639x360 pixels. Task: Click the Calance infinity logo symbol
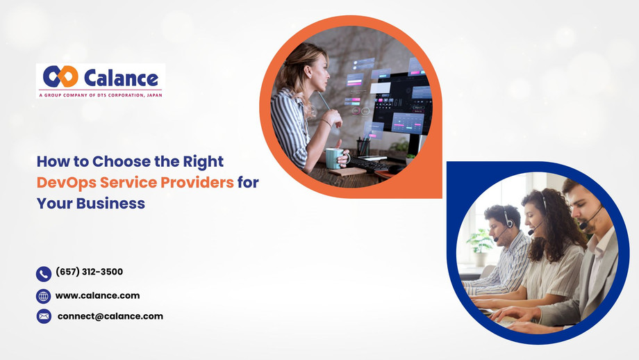pyautogui.click(x=60, y=76)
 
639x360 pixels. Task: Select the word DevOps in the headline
pyautogui.click(x=65, y=182)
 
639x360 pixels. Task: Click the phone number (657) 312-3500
pyautogui.click(x=89, y=272)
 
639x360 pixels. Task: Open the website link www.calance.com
pyautogui.click(x=97, y=295)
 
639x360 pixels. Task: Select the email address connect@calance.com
pyautogui.click(x=110, y=316)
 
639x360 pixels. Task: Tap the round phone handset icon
pyautogui.click(x=44, y=274)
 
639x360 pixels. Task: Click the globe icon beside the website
pyautogui.click(x=44, y=296)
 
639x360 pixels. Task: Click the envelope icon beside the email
pyautogui.click(x=44, y=317)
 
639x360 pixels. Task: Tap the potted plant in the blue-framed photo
pyautogui.click(x=479, y=243)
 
